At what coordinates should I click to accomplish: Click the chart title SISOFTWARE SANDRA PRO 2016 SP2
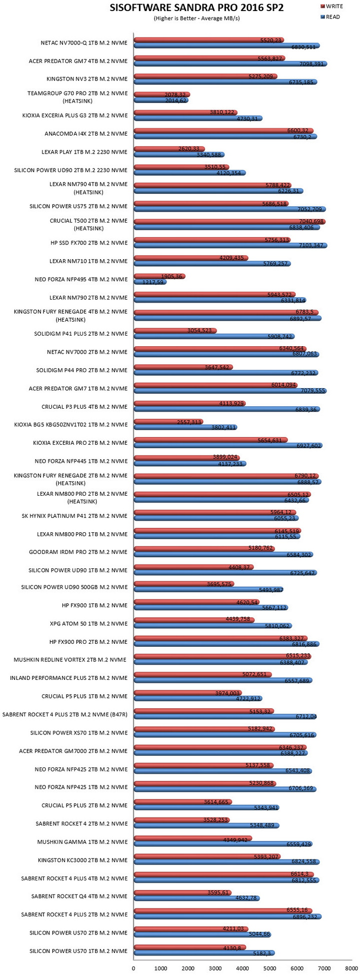point(196,8)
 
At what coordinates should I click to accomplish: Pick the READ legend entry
point(329,17)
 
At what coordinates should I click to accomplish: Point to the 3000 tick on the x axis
point(215,968)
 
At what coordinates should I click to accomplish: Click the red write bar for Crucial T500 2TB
point(229,221)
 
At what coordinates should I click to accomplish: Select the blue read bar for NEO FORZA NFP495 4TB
point(150,282)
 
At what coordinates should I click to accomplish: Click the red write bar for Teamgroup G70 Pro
point(162,95)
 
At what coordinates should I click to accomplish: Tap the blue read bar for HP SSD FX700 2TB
point(230,246)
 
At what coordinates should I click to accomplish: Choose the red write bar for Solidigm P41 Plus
point(175,330)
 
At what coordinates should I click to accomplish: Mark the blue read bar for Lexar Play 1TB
point(179,155)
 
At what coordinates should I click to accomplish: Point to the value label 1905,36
point(171,276)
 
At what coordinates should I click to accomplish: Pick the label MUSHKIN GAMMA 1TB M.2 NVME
point(82,842)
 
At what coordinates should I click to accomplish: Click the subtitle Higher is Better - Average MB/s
point(196,19)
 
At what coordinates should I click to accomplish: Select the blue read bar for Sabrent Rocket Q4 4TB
point(196,898)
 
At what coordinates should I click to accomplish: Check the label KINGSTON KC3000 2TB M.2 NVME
point(82,860)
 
